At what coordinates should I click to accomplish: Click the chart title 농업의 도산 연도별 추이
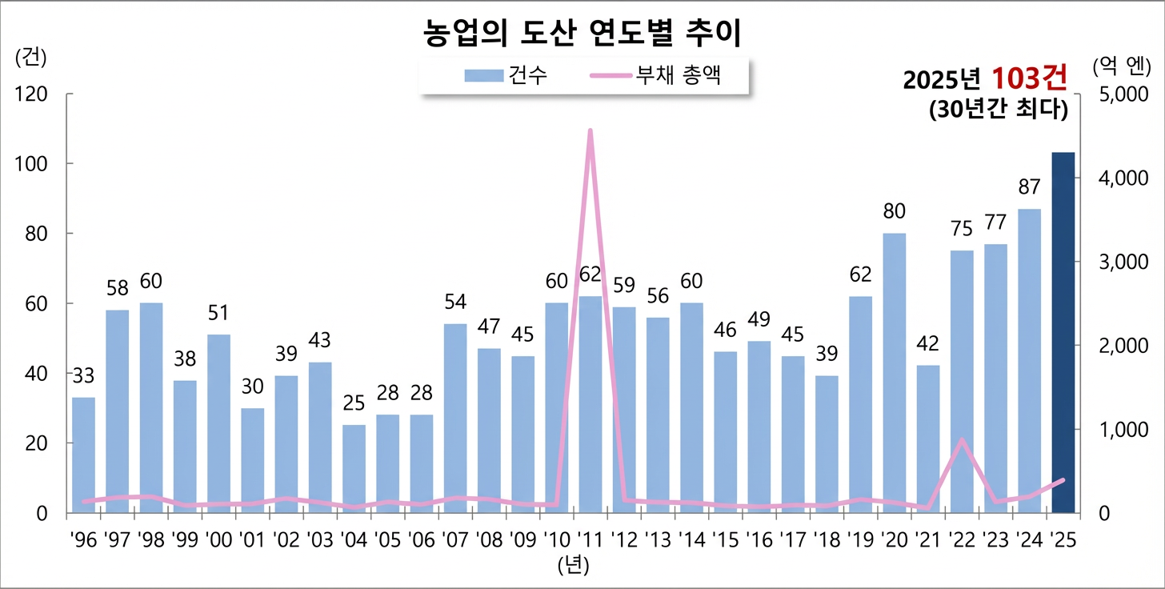tap(582, 33)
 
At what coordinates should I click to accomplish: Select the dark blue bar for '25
tap(1063, 332)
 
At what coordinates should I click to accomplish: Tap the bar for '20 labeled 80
tap(895, 372)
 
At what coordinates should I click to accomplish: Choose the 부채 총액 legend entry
tap(656, 76)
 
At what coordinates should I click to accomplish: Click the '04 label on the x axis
tap(354, 539)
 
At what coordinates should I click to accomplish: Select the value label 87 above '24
tap(1029, 187)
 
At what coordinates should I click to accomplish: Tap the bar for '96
tap(83, 455)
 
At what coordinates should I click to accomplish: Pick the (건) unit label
tap(31, 58)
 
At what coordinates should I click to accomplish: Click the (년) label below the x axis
tap(573, 566)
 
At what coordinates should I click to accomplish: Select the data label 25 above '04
tap(354, 403)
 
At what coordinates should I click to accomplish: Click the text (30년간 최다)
tap(999, 110)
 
